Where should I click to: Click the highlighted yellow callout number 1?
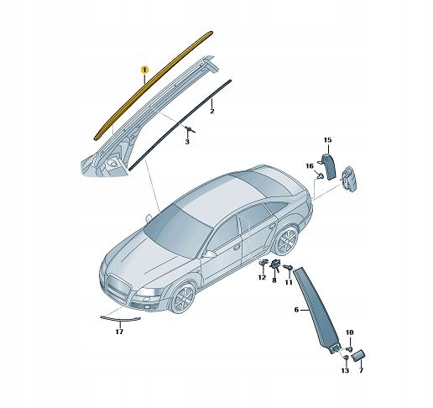(144, 70)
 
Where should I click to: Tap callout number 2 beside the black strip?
(212, 111)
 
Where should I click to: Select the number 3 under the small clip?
(187, 142)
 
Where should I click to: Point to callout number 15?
(327, 139)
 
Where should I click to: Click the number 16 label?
(310, 166)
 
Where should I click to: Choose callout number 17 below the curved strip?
(119, 332)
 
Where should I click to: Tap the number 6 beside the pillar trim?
(296, 310)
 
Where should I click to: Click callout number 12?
(262, 277)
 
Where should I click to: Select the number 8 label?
(274, 280)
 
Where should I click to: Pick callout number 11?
(289, 282)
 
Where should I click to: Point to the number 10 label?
(350, 332)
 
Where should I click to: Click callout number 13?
(345, 370)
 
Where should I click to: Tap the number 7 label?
(361, 370)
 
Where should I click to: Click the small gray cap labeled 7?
(357, 355)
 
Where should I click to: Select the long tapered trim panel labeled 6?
(317, 309)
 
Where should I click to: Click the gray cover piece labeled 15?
(330, 165)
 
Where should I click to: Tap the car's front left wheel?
(183, 297)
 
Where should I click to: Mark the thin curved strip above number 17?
(120, 318)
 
